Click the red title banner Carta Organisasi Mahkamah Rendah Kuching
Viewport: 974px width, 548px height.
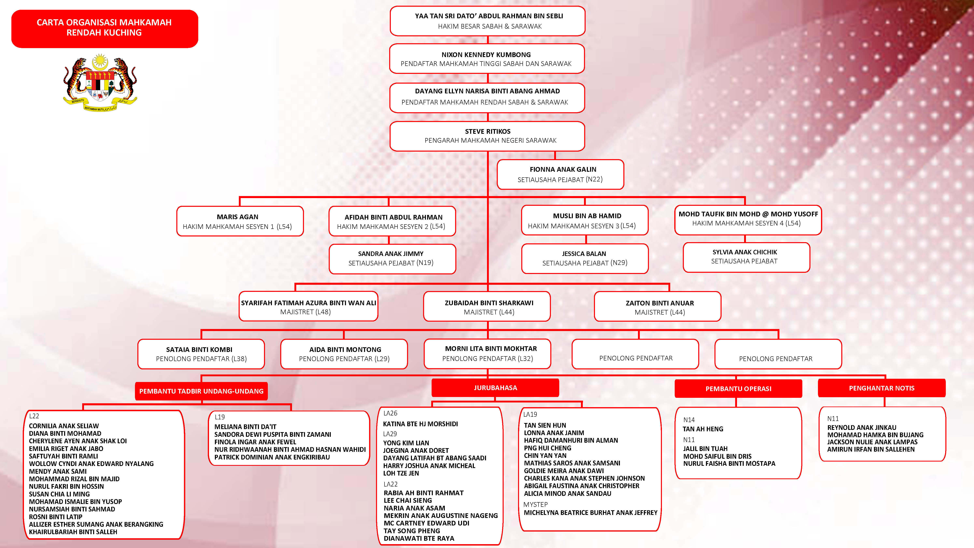104,28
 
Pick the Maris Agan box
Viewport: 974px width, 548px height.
240,221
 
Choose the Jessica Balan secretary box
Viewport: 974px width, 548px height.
585,258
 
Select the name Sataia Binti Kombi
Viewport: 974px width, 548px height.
199,350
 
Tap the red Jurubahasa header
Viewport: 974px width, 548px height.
495,388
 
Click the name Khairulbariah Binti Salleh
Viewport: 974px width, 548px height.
73,532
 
